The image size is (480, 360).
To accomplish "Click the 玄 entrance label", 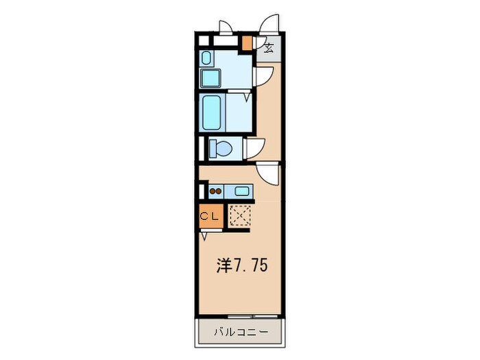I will (x=269, y=48).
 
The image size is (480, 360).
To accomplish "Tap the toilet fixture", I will (x=221, y=147).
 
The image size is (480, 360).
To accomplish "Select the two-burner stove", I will (x=216, y=191).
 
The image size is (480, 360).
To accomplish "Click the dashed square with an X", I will (x=240, y=216).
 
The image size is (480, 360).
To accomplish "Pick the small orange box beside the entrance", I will (x=247, y=42).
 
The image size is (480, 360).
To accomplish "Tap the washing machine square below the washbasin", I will (x=209, y=77).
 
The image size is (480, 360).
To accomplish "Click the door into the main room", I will (x=269, y=173).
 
